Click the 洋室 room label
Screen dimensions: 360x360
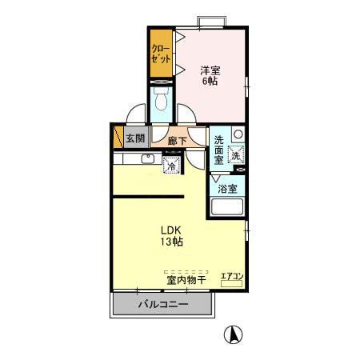[210, 69]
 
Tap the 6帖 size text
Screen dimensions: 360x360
[210, 82]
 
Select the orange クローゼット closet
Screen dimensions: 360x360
[161, 53]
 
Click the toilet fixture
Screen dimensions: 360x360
[161, 102]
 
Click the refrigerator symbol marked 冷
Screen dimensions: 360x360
[172, 166]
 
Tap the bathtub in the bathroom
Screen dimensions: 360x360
[226, 210]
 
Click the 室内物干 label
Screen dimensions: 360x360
[186, 280]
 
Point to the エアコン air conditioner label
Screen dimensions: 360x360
[232, 277]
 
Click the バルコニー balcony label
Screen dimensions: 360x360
[162, 306]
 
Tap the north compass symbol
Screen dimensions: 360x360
[231, 335]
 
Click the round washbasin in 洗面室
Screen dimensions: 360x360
[238, 134]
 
